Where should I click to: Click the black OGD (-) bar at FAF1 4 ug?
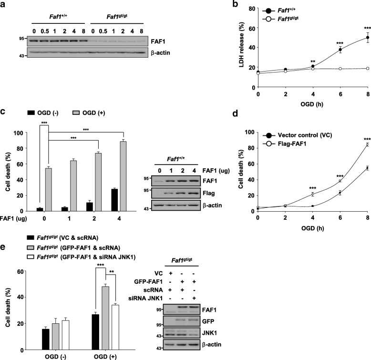[x=113, y=193]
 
